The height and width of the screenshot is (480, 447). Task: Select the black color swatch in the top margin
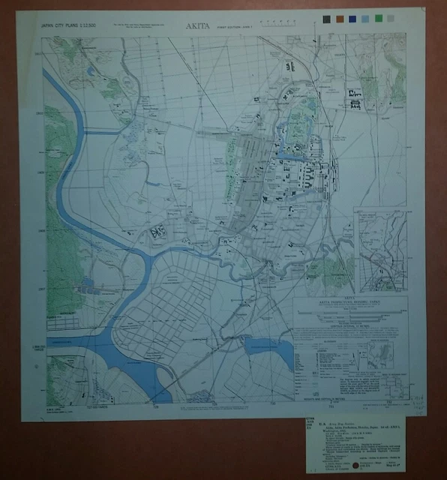[x=326, y=17]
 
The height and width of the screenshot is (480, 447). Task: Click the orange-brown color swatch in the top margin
[x=340, y=17]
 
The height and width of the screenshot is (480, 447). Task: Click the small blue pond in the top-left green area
[x=91, y=71]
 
